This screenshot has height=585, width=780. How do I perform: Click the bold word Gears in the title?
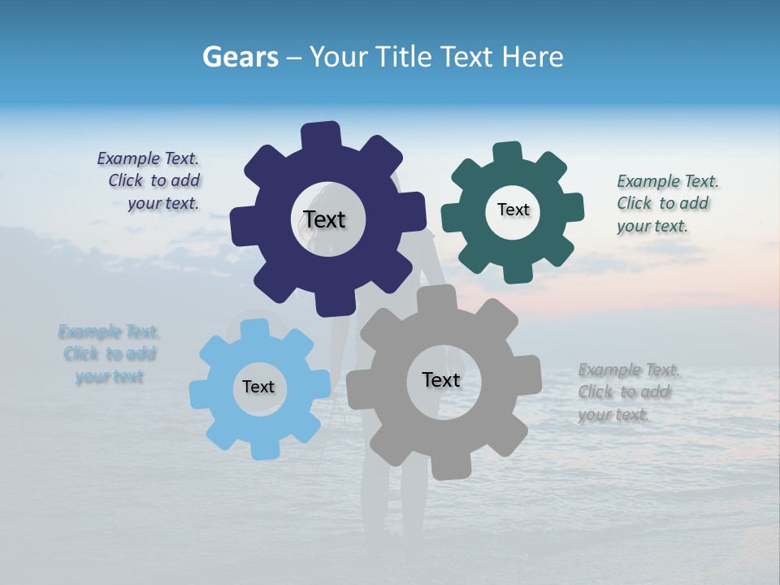click(240, 57)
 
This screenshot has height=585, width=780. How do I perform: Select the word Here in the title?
click(533, 57)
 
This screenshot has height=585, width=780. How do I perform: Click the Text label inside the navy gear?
click(325, 219)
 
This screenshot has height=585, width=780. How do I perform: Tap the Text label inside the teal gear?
click(513, 210)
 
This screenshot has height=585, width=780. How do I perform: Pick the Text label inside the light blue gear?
click(258, 387)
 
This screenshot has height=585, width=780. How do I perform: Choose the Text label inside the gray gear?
click(441, 379)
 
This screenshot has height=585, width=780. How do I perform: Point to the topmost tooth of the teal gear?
click(508, 153)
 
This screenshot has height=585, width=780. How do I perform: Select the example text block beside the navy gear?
click(149, 181)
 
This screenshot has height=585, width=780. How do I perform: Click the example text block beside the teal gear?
click(667, 203)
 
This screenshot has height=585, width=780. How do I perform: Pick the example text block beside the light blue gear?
click(109, 353)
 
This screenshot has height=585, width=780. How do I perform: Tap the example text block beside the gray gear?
click(628, 392)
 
